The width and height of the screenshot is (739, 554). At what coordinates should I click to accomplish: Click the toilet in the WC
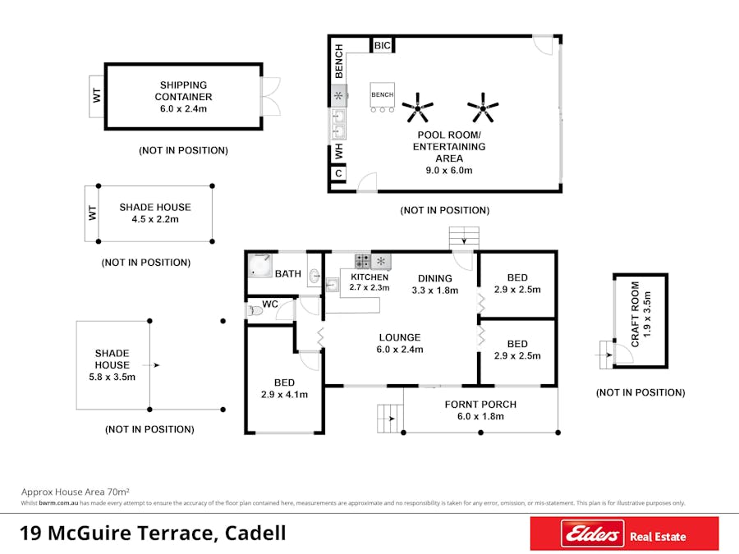pos(255,311)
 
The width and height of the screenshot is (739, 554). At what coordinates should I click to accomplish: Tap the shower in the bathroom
pos(259,266)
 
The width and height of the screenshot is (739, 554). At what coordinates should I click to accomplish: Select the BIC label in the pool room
pos(382,46)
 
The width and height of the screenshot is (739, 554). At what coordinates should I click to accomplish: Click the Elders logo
pos(592,533)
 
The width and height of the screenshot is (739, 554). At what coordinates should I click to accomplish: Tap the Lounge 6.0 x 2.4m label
pos(400,343)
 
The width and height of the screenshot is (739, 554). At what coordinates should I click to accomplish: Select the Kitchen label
pos(369,277)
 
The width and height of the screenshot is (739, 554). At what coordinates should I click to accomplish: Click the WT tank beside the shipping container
pos(97,96)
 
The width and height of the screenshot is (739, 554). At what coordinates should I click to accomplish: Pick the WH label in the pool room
pos(339,152)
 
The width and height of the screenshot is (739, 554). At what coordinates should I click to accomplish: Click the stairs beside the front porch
pos(390,419)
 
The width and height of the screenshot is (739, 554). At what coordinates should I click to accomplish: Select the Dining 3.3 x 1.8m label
pos(435,284)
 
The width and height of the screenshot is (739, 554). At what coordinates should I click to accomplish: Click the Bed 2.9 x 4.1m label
pos(284,389)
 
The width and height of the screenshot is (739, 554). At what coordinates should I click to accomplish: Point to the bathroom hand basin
pos(314,276)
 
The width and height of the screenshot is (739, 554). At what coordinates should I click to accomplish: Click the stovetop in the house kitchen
pos(362,261)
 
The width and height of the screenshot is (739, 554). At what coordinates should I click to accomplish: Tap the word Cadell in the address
pos(255,533)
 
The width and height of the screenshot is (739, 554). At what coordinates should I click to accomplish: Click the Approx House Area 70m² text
pos(76,492)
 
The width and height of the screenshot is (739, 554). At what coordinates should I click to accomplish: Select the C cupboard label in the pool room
pos(338,173)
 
